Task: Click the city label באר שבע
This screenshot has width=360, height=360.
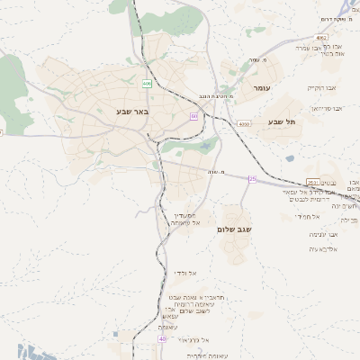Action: tap(131, 111)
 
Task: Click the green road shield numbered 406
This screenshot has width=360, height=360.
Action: tap(147, 83)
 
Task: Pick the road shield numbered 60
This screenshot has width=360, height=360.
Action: tap(193, 116)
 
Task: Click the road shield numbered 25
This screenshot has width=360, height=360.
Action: tap(253, 179)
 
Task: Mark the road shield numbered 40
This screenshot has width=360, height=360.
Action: tap(162, 339)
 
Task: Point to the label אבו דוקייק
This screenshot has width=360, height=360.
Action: tap(319, 88)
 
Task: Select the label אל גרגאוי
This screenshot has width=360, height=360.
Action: tap(193, 339)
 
